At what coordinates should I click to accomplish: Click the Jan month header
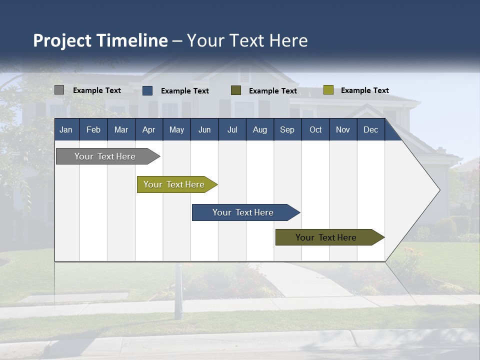[66, 129]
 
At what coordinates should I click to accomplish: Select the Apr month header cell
[149, 129]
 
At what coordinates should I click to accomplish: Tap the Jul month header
[232, 129]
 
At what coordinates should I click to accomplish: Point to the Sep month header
[287, 129]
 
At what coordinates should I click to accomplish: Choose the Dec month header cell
[370, 129]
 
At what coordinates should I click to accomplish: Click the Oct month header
[315, 129]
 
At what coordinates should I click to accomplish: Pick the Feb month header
[93, 129]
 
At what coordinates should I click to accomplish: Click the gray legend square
[59, 90]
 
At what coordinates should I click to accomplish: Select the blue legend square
[147, 90]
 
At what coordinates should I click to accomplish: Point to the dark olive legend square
[236, 90]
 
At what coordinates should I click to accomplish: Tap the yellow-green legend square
[328, 90]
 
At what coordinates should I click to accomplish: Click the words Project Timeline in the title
[100, 40]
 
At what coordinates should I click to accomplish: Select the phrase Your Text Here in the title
[247, 40]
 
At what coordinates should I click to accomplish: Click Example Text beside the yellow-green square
[364, 90]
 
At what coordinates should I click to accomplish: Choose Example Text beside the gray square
[97, 90]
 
